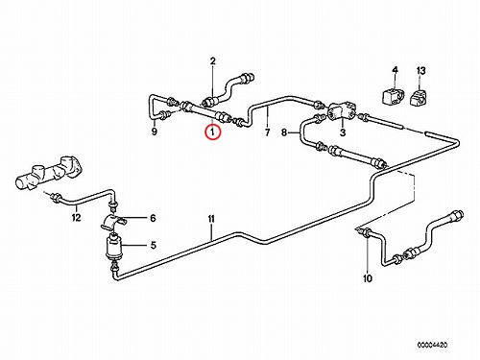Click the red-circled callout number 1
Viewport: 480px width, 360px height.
(213, 132)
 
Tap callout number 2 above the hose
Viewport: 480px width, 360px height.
(213, 61)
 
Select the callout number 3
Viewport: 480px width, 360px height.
(343, 132)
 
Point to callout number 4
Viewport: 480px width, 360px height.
(395, 70)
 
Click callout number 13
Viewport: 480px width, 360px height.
(420, 70)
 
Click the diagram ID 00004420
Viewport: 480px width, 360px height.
(432, 345)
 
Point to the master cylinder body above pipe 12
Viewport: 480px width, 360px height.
(49, 174)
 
